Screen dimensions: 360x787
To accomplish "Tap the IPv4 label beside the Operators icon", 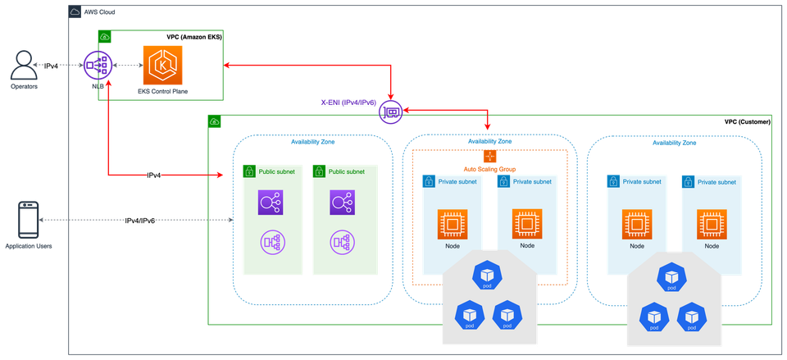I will (51, 66).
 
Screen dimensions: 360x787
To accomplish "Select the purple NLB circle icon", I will (98, 66).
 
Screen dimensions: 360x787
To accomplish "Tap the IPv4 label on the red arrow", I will (153, 175).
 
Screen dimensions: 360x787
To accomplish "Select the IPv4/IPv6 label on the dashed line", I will (141, 221).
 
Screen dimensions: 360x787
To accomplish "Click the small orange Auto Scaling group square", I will (489, 156).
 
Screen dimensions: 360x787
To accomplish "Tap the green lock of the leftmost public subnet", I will (248, 171).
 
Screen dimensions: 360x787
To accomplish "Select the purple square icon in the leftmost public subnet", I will (271, 201).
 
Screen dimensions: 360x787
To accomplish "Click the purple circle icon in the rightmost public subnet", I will (342, 241).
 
